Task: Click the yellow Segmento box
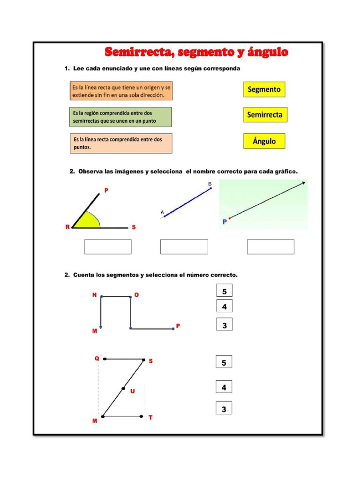click(264, 89)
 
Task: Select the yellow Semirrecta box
click(265, 115)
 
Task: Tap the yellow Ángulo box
click(264, 141)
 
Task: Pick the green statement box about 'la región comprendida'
click(120, 117)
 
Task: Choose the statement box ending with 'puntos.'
click(120, 143)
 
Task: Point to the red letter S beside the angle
click(134, 227)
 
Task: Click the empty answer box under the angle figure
click(108, 247)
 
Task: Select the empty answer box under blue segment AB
click(184, 247)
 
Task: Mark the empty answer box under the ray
click(270, 247)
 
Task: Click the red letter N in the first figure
click(94, 295)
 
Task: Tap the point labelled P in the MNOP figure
click(173, 329)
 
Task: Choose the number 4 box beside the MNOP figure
click(225, 307)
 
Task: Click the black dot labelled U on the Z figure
click(123, 388)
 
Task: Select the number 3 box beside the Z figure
click(224, 409)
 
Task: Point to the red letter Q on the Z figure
click(97, 359)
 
